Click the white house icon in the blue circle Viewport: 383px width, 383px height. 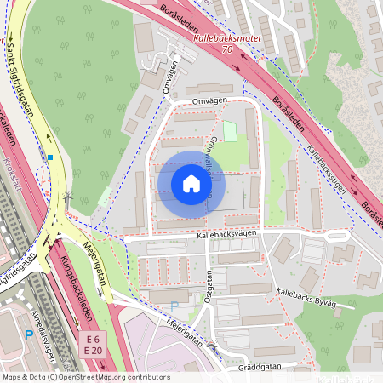[191, 184]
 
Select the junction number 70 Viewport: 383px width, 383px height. [226, 50]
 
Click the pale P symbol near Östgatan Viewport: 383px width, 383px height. [175, 306]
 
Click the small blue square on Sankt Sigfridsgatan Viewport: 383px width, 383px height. [51, 157]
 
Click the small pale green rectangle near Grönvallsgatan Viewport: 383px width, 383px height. [230, 131]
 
